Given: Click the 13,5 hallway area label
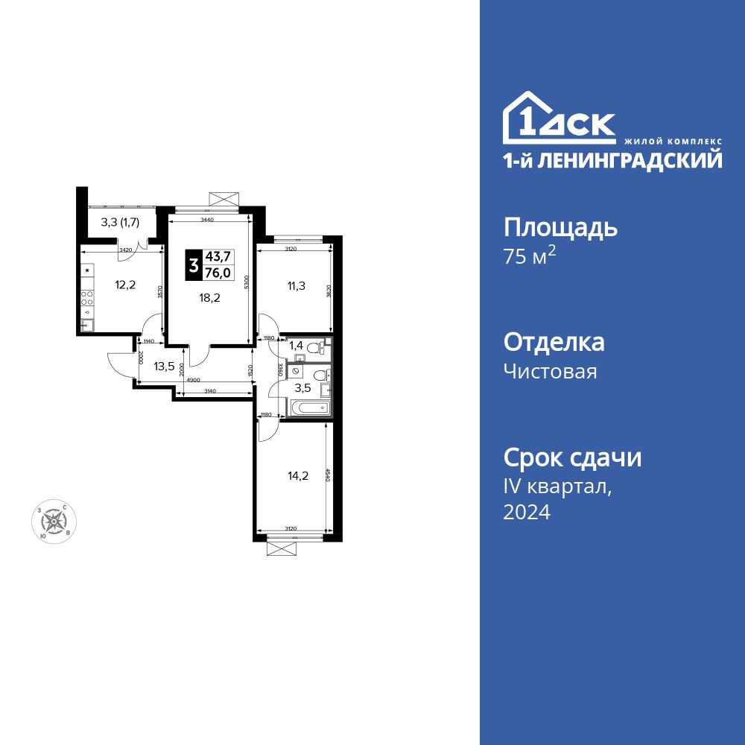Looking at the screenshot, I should [x=165, y=366].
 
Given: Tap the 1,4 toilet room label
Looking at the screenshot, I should [x=296, y=346].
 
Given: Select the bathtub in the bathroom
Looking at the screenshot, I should [x=308, y=408].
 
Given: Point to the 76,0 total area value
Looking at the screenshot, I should [x=219, y=273].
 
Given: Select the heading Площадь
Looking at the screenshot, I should [x=560, y=227].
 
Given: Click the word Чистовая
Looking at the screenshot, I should [x=550, y=371].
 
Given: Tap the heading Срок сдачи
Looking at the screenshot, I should [x=572, y=457].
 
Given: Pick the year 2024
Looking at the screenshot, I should [x=527, y=512].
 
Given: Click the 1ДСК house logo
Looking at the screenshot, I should [x=559, y=119].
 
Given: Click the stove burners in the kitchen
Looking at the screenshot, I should [x=87, y=299].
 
